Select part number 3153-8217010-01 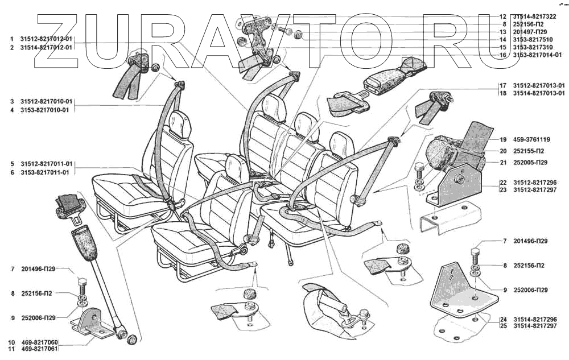pos(44,110)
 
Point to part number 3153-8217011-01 pos(44,172)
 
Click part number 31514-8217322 pos(537,16)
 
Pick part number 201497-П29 pos(531,32)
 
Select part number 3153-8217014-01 pos(537,55)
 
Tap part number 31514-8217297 pos(537,326)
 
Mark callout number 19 pos(504,139)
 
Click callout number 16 pos(503,55)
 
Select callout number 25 pos(503,326)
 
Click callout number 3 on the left pos(11,102)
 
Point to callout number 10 pos(11,342)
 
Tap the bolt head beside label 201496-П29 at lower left pos(80,282)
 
